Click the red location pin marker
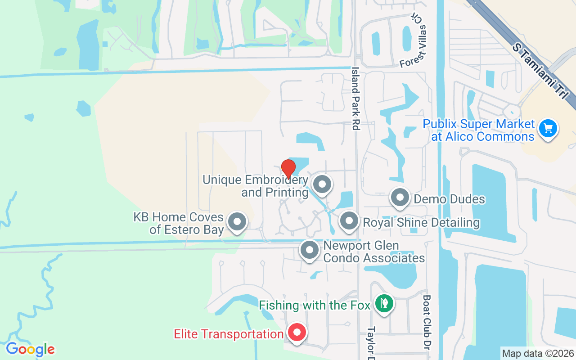click(288, 169)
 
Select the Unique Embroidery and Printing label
click(255, 186)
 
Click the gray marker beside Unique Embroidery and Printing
click(322, 184)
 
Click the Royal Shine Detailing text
click(421, 222)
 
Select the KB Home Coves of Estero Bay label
click(179, 223)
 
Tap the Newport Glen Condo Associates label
click(374, 252)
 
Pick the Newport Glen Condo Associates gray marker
click(309, 250)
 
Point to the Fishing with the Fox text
click(315, 305)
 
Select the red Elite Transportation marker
click(297, 333)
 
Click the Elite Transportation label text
click(229, 334)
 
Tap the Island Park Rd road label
click(356, 99)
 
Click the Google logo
click(30, 349)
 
